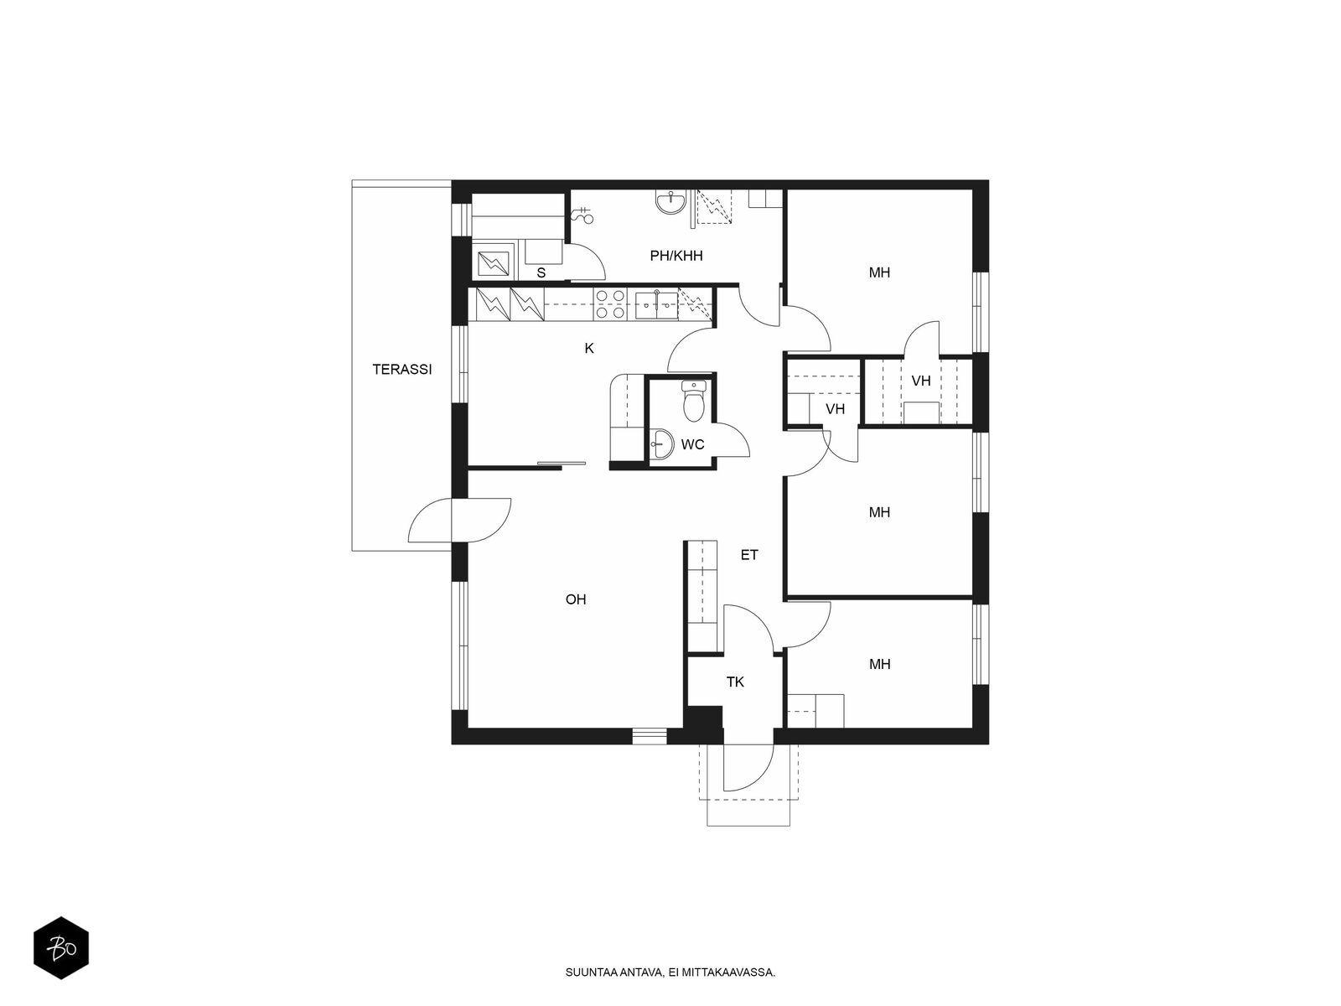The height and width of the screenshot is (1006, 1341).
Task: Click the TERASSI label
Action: click(x=402, y=370)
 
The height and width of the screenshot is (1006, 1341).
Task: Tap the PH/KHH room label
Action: click(x=676, y=256)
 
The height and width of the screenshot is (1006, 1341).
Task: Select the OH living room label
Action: click(x=576, y=599)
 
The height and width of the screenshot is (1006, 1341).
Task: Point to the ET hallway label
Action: click(x=749, y=555)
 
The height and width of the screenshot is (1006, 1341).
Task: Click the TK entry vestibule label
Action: click(x=735, y=682)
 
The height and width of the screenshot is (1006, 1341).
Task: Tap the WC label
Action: click(x=693, y=444)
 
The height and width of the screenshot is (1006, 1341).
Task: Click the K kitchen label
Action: click(x=589, y=348)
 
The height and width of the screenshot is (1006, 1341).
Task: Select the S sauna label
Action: click(x=541, y=273)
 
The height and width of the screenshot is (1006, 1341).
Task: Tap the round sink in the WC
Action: click(x=660, y=443)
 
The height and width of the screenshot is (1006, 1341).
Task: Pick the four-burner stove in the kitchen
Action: click(x=609, y=304)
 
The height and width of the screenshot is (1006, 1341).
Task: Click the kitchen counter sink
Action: click(x=656, y=305)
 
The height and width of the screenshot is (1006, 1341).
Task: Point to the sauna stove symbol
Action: click(x=493, y=263)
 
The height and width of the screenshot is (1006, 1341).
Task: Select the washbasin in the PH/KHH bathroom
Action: click(x=671, y=201)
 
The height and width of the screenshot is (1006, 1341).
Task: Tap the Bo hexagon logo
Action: click(x=61, y=948)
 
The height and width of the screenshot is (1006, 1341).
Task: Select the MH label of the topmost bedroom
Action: click(x=879, y=273)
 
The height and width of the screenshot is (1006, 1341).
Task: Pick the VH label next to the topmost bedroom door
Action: click(x=920, y=381)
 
